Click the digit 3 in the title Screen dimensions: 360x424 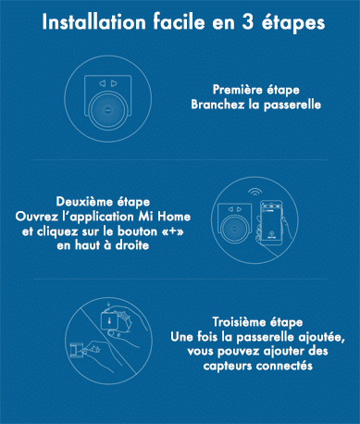click(x=247, y=22)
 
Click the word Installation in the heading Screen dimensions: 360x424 click(x=93, y=22)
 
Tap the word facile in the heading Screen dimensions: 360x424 click(x=179, y=22)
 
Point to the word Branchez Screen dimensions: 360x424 click(x=218, y=105)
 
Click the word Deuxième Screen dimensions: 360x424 click(x=84, y=202)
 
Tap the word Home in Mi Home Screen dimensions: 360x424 click(x=174, y=217)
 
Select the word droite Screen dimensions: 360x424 click(x=132, y=245)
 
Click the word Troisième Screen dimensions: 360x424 click(x=239, y=322)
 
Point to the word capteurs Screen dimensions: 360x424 click(x=228, y=366)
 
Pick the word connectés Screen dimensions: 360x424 click(x=284, y=366)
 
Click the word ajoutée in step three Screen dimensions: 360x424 click(x=321, y=337)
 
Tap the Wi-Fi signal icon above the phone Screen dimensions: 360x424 click(x=254, y=193)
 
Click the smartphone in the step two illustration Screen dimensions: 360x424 click(x=271, y=223)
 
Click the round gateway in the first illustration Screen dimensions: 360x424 click(x=108, y=110)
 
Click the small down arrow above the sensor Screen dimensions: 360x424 click(x=108, y=306)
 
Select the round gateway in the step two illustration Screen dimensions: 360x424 click(x=235, y=229)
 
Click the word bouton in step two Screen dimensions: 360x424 click(x=137, y=231)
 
